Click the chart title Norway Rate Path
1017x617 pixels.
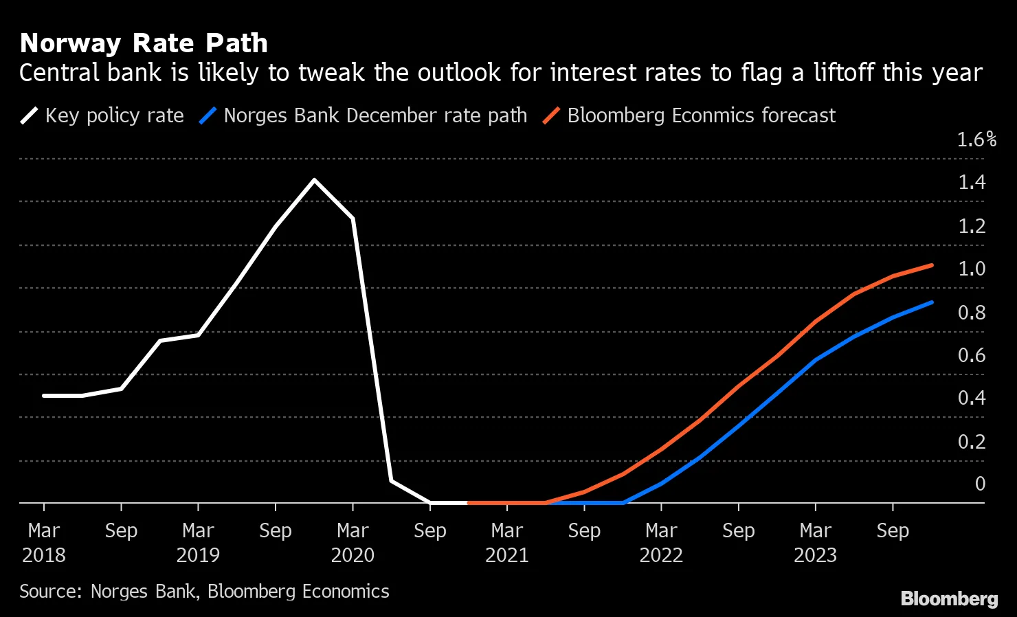[x=144, y=43]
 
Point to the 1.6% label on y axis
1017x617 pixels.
[x=976, y=139]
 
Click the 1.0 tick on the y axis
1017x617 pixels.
[x=972, y=269]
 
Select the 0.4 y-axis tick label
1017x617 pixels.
[x=972, y=398]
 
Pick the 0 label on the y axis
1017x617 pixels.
[x=980, y=484]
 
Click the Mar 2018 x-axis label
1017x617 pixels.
[x=44, y=543]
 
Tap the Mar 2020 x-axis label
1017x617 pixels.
[x=353, y=543]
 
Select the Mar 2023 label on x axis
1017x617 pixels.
[x=816, y=543]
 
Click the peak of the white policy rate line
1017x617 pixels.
[x=314, y=180]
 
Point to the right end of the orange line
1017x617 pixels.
[x=932, y=265]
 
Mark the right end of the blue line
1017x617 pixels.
[x=932, y=302]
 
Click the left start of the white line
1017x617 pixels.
[x=44, y=396]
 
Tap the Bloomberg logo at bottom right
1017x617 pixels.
[x=949, y=598]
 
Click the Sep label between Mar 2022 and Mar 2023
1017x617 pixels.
[x=739, y=531]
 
